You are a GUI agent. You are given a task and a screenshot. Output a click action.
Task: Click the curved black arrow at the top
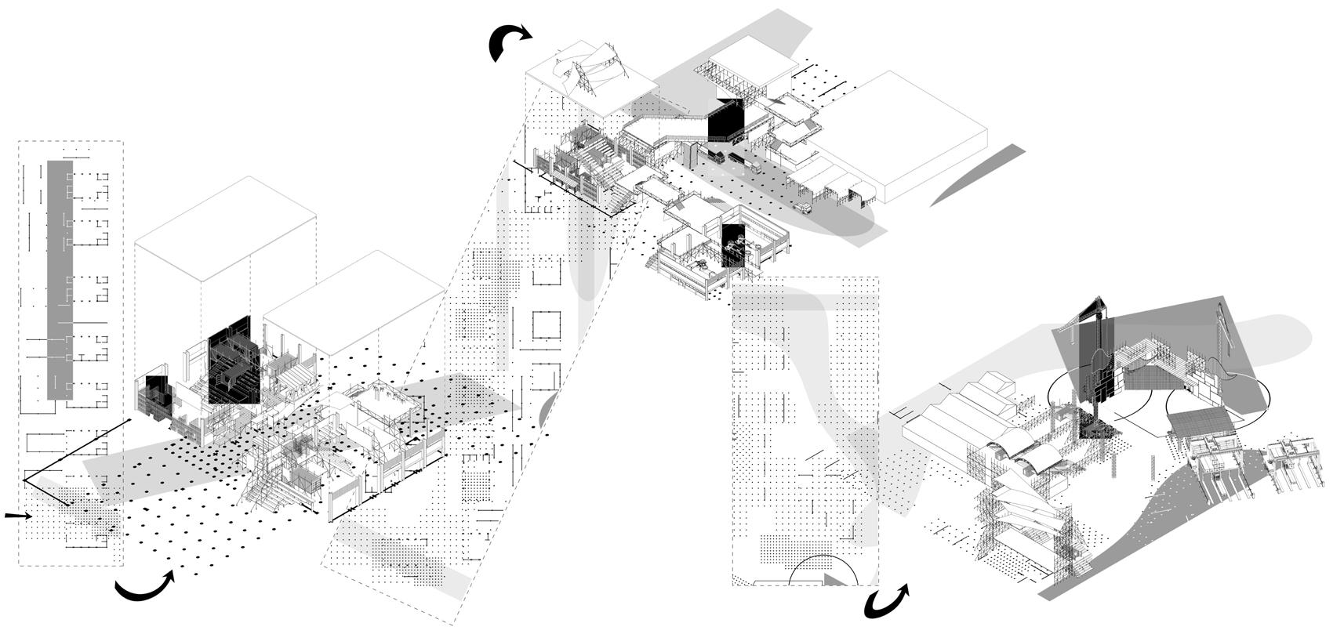tap(508, 41)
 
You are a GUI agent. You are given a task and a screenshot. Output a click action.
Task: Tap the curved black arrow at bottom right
tap(886, 603)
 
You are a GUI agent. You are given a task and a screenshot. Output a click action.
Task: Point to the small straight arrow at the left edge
tap(17, 516)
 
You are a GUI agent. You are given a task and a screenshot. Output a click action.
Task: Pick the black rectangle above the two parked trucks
tap(726, 121)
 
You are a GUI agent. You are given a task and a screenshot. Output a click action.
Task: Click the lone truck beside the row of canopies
tap(805, 207)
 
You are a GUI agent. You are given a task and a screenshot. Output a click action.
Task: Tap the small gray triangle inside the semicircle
tap(833, 580)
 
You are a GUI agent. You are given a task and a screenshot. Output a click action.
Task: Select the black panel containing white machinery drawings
tap(732, 247)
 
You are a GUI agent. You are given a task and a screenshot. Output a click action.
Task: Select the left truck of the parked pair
tap(716, 157)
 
